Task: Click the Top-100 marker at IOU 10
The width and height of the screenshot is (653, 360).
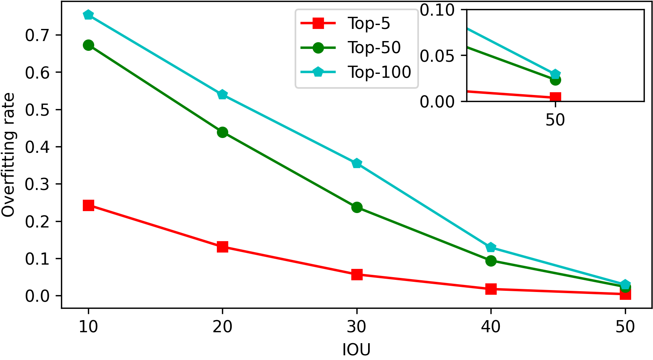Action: tap(88, 15)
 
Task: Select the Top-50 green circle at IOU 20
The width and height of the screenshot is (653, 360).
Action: tap(222, 132)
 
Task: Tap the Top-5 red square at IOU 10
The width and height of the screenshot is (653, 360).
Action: tap(88, 205)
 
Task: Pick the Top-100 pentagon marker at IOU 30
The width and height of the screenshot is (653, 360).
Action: tap(357, 163)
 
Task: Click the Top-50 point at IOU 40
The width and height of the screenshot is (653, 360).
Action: tap(491, 261)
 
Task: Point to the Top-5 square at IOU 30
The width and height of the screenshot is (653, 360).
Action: tap(357, 274)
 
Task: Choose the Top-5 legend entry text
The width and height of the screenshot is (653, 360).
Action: tap(369, 24)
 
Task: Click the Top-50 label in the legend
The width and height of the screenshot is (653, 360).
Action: tap(374, 48)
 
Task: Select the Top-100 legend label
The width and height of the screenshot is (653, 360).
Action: tap(379, 72)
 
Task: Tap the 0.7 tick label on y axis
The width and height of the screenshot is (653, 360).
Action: tap(38, 36)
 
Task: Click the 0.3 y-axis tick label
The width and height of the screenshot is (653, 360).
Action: tap(38, 184)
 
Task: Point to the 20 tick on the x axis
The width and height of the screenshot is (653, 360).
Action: tap(222, 326)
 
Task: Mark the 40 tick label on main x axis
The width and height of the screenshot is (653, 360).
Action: tap(491, 326)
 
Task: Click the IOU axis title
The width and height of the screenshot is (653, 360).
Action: tap(356, 349)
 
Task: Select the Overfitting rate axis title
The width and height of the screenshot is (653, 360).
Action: tap(9, 155)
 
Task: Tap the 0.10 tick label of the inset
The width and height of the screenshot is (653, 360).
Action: tap(437, 10)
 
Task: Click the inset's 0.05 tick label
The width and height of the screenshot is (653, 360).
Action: tap(437, 56)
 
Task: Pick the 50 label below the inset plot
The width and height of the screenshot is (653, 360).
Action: tap(555, 120)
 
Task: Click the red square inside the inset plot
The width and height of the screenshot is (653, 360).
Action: tap(555, 97)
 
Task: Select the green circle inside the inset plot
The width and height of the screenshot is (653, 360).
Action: tap(555, 80)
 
